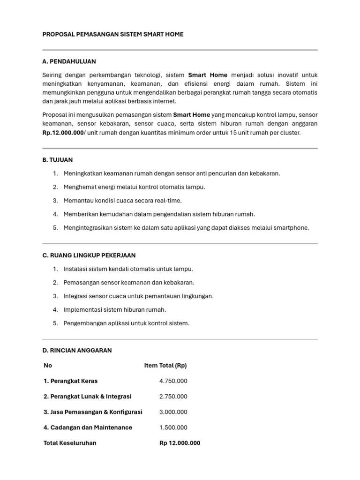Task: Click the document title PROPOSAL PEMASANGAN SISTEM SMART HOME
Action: pyautogui.click(x=113, y=34)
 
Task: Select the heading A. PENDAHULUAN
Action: pyautogui.click(x=69, y=61)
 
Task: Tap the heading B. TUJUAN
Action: pyautogui.click(x=57, y=160)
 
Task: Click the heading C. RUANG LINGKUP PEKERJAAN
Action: pyautogui.click(x=89, y=255)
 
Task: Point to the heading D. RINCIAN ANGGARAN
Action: pyautogui.click(x=77, y=351)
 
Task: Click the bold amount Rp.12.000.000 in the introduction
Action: pyautogui.click(x=63, y=133)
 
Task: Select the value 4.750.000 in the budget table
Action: pyautogui.click(x=173, y=381)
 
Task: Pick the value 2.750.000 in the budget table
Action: pyautogui.click(x=173, y=397)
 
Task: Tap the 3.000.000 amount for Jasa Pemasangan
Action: pyautogui.click(x=173, y=412)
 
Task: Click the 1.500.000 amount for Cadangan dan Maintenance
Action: pyautogui.click(x=173, y=427)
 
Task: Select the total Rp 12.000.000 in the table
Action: pyautogui.click(x=180, y=443)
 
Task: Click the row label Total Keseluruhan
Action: pyautogui.click(x=70, y=443)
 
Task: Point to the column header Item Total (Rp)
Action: pyautogui.click(x=165, y=366)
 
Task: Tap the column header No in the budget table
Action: pyautogui.click(x=48, y=366)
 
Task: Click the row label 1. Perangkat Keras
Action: pyautogui.click(x=71, y=381)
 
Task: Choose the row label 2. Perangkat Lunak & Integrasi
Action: pyautogui.click(x=88, y=397)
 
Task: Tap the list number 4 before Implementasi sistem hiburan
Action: pyautogui.click(x=55, y=310)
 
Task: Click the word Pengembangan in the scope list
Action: pyautogui.click(x=82, y=323)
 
